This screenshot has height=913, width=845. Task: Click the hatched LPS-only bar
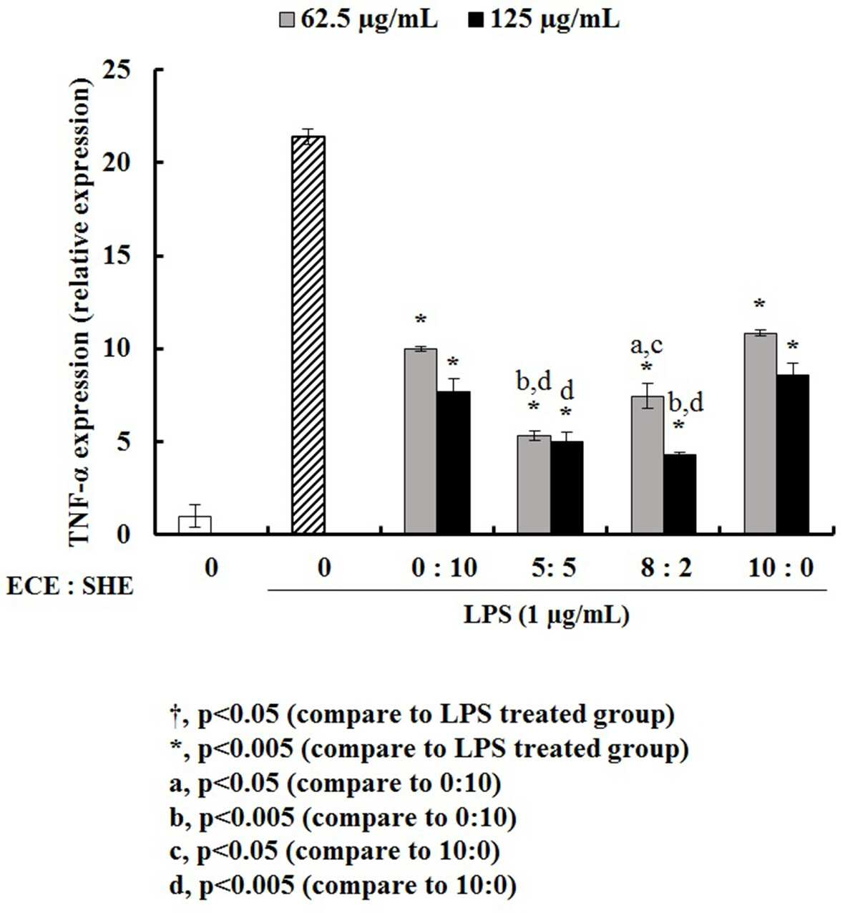pyautogui.click(x=308, y=335)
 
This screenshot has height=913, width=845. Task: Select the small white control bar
pyautogui.click(x=195, y=525)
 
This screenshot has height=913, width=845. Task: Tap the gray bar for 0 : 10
pyautogui.click(x=421, y=441)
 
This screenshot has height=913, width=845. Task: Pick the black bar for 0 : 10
pyautogui.click(x=454, y=463)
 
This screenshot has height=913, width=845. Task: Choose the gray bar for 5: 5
pyautogui.click(x=534, y=485)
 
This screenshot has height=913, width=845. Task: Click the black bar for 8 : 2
pyautogui.click(x=680, y=494)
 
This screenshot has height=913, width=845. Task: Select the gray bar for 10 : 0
pyautogui.click(x=761, y=434)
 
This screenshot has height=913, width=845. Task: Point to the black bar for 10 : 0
pyautogui.click(x=793, y=454)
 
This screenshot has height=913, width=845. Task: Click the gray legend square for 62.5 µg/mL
pyautogui.click(x=286, y=20)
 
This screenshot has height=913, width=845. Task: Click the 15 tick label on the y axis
pyautogui.click(x=117, y=256)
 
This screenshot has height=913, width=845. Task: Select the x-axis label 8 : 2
pyautogui.click(x=665, y=569)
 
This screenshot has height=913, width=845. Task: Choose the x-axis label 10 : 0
pyautogui.click(x=781, y=569)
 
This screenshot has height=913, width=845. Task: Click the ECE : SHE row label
pyautogui.click(x=69, y=587)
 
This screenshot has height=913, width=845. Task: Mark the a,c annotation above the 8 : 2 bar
pyautogui.click(x=646, y=346)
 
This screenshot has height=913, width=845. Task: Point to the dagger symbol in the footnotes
pyautogui.click(x=175, y=716)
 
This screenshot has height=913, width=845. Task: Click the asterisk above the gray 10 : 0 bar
pyautogui.click(x=759, y=304)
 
